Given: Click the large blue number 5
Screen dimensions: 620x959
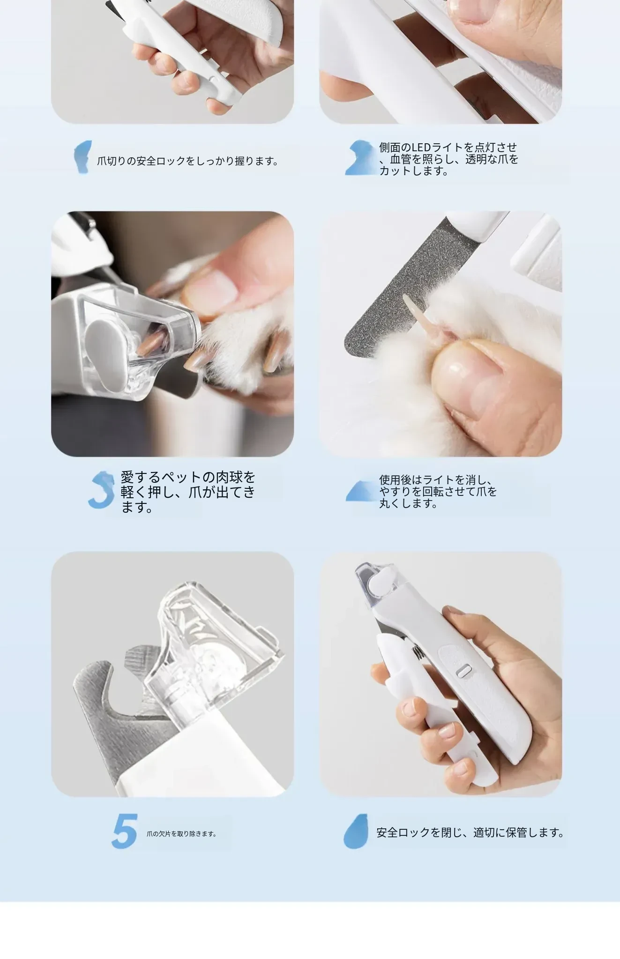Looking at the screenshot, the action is tap(125, 831).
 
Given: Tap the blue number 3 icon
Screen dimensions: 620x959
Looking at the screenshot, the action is tap(101, 490).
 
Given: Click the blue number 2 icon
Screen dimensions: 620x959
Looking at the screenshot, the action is tap(361, 157).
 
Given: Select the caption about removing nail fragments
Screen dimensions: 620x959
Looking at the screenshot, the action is tap(181, 834).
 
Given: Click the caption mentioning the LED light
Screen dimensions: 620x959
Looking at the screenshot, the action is tap(449, 159).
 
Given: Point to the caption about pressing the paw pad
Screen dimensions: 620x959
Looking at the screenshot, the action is tap(188, 492).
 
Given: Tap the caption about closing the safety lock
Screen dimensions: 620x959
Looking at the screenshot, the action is tap(471, 833).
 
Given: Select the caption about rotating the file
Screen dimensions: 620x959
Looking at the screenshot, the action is tap(438, 492).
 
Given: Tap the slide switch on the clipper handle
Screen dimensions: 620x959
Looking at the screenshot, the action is tap(463, 671).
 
